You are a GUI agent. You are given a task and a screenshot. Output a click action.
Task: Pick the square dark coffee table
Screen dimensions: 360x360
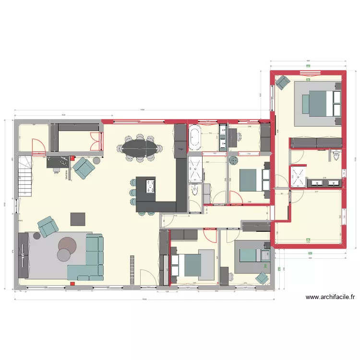click(78, 219)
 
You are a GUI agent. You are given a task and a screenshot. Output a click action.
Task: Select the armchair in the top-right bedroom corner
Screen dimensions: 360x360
click(282, 83)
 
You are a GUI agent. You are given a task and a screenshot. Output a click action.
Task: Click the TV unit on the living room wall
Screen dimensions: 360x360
click(23, 255)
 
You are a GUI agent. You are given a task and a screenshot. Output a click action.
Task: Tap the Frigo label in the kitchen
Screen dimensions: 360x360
click(180, 149)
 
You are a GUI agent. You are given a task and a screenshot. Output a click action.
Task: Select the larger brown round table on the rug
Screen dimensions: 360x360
click(67, 244)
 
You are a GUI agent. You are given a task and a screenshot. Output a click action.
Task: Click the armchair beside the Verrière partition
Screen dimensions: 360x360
click(84, 167)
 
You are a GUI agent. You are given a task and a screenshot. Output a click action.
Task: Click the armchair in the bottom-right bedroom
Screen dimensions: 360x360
click(262, 277)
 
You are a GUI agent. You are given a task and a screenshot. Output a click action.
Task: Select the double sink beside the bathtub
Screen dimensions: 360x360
click(223, 138)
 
